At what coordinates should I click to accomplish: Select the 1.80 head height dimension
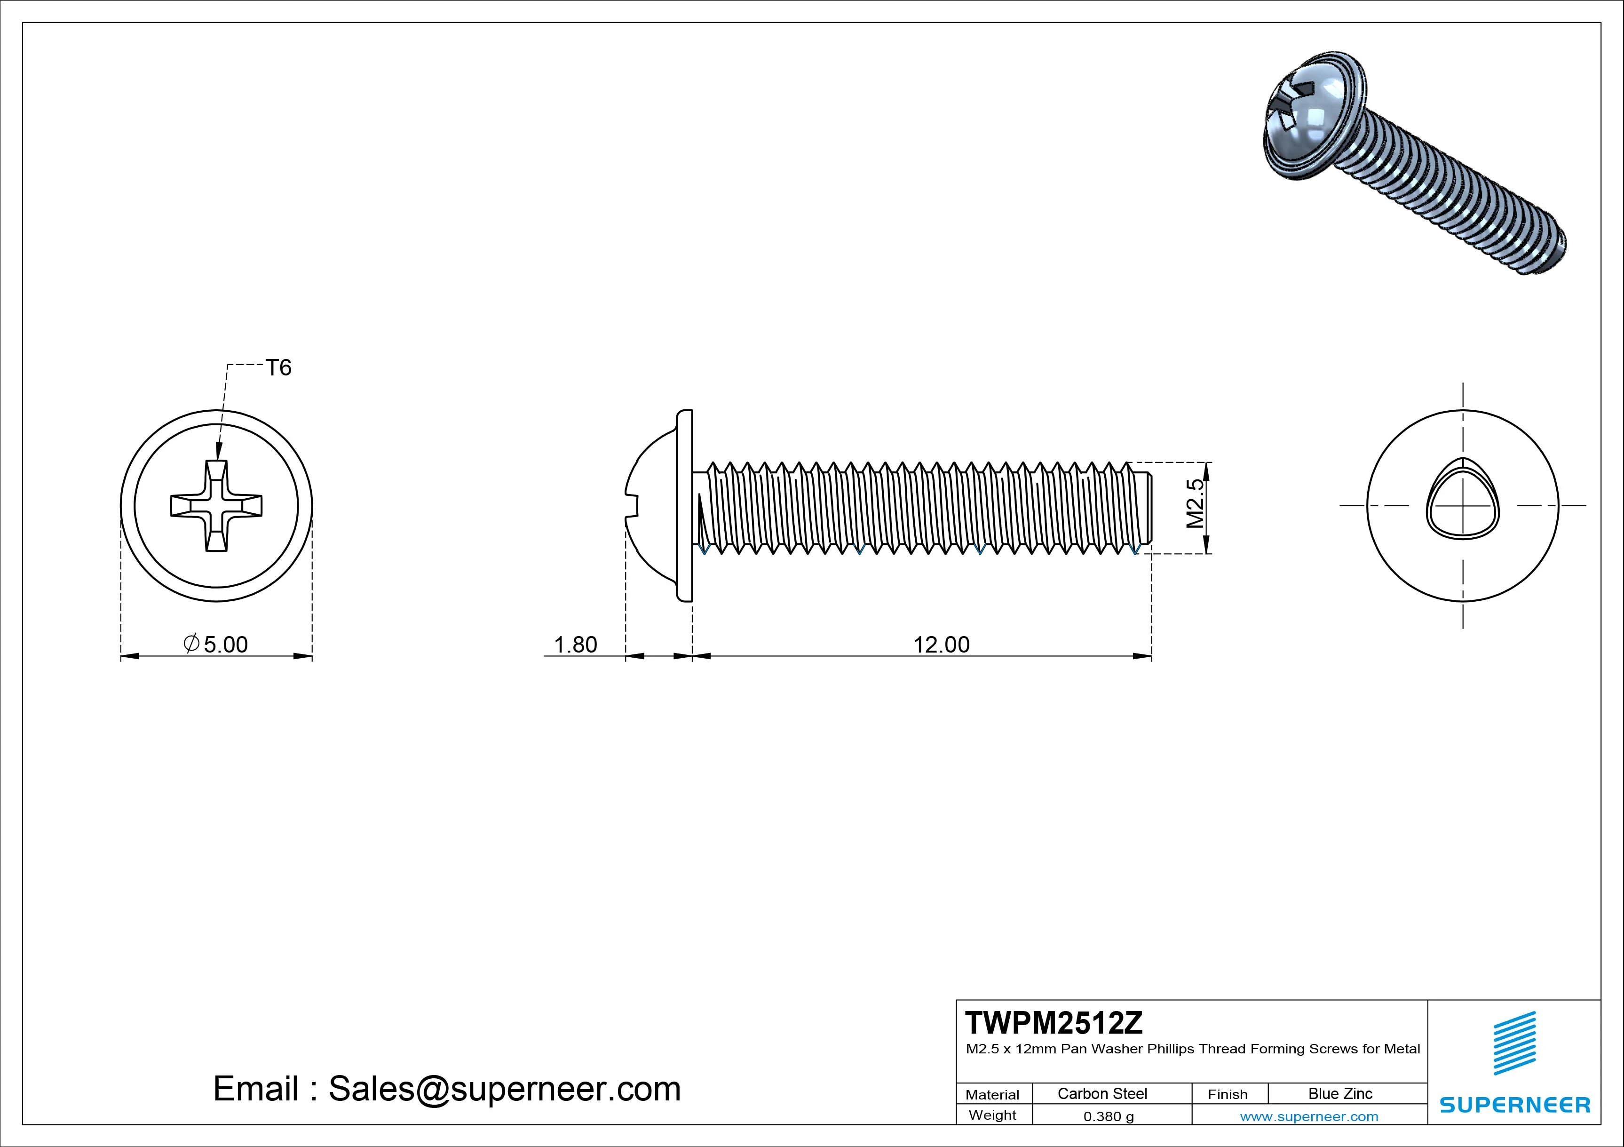coord(575,645)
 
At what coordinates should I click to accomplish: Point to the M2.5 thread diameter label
coord(1195,504)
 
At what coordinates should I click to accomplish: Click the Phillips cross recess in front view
coord(216,505)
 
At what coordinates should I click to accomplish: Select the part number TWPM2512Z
coord(1053,1022)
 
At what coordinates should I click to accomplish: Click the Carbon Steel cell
coord(1102,1093)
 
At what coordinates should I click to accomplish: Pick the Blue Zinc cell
coord(1340,1093)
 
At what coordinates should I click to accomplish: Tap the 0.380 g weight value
coord(1109,1116)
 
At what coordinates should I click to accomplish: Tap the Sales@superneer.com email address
coord(504,1088)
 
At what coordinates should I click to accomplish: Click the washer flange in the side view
coord(684,505)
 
